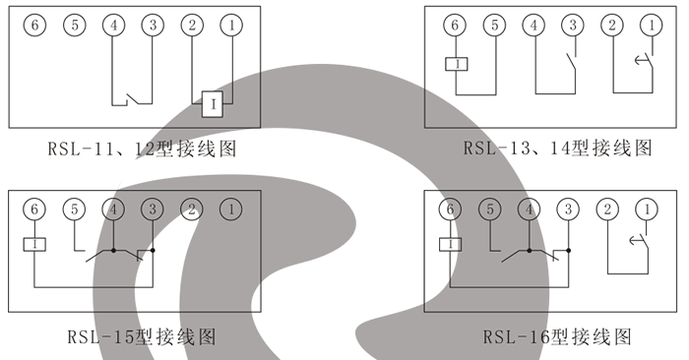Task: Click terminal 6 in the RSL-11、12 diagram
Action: click(x=35, y=25)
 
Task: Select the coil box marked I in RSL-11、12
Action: click(x=211, y=101)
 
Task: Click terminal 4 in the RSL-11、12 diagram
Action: click(x=114, y=25)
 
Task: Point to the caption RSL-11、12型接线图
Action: click(x=144, y=150)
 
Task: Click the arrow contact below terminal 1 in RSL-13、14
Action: click(x=642, y=65)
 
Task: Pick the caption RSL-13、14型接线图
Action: click(x=558, y=150)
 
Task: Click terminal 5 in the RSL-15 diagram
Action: click(x=75, y=209)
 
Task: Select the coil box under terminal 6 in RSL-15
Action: click(x=34, y=244)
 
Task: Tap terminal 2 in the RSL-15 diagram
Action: click(x=192, y=209)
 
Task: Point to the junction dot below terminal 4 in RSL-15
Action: click(x=114, y=251)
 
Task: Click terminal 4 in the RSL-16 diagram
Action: click(x=530, y=209)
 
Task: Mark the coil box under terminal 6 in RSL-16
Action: click(x=451, y=244)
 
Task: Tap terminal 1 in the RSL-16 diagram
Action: click(x=647, y=209)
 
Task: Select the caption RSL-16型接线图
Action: click(x=556, y=337)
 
